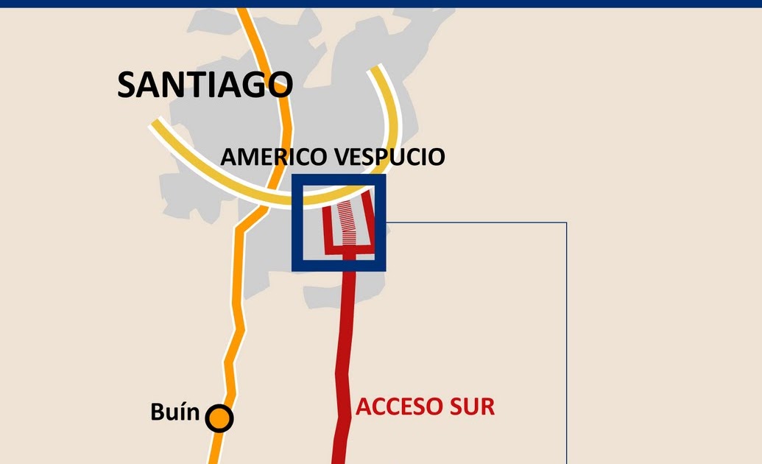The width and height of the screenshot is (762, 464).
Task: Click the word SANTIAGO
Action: (x=205, y=85)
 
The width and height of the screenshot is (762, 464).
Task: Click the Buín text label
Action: (x=174, y=412)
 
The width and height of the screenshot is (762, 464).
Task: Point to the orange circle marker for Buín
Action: (x=219, y=418)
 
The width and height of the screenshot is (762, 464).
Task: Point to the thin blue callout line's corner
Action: (x=566, y=222)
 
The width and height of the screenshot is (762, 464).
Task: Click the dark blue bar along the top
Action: (x=381, y=3)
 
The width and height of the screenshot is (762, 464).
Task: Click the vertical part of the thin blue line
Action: (x=566, y=339)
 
